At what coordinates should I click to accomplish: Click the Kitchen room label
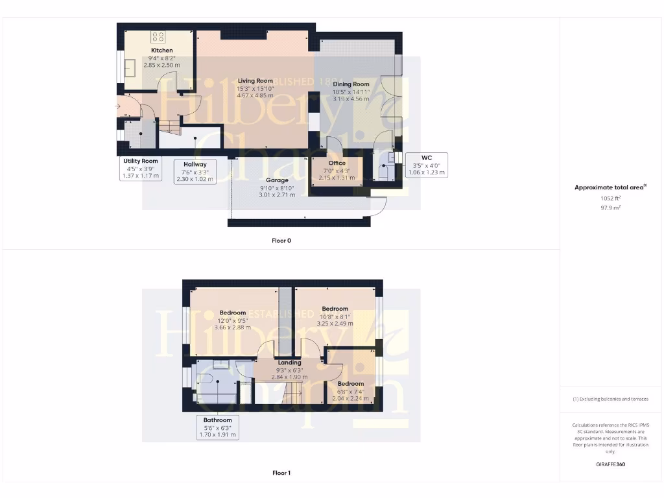tap(162, 50)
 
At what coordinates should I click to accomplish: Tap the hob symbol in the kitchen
tap(158, 36)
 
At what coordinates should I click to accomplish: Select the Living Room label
tap(255, 81)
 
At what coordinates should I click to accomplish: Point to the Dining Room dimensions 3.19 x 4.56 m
tap(351, 99)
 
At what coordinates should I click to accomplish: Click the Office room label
tap(337, 163)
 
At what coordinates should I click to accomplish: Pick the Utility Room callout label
tap(141, 168)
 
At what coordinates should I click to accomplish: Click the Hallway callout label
tap(195, 172)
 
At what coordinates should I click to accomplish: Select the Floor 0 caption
tap(281, 241)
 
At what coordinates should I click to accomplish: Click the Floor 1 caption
tap(281, 473)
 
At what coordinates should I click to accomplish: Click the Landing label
tap(289, 362)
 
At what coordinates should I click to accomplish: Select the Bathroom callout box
tap(217, 427)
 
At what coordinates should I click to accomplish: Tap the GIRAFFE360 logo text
tap(610, 464)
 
